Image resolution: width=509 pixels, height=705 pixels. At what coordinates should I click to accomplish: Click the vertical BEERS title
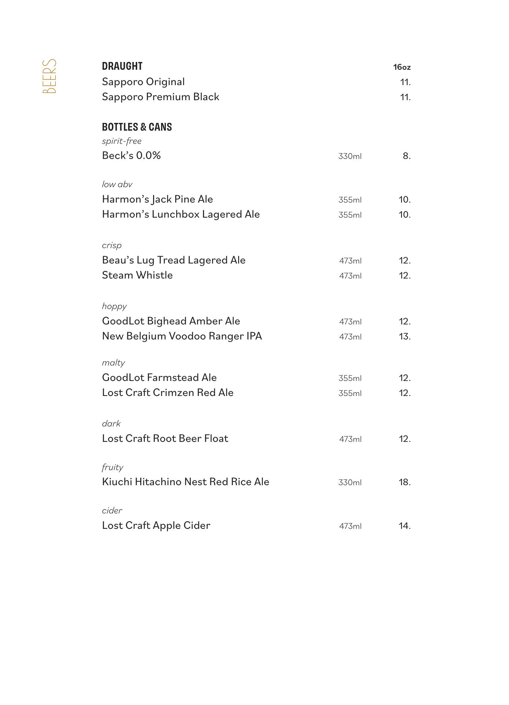point(50,76)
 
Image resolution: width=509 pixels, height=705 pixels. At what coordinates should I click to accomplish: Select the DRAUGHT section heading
point(122,66)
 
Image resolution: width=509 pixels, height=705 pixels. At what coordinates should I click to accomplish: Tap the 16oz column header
point(402,67)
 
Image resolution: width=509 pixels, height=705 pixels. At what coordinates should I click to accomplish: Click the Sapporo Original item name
point(143,82)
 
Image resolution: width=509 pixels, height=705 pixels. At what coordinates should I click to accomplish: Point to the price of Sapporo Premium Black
point(405,97)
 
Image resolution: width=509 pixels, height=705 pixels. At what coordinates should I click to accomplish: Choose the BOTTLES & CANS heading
point(137,127)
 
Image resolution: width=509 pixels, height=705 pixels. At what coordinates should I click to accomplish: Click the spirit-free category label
point(121,141)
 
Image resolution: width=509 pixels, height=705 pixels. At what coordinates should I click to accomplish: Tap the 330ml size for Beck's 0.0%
point(350,156)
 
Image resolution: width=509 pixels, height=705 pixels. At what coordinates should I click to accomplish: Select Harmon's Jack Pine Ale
point(157,199)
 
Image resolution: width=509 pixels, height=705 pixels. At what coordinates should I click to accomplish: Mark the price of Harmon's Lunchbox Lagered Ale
point(404,215)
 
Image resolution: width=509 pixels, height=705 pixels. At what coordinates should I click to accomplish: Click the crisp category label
point(112,246)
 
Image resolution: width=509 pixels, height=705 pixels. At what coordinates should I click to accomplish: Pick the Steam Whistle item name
point(137,275)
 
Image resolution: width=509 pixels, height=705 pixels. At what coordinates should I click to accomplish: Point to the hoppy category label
point(114,306)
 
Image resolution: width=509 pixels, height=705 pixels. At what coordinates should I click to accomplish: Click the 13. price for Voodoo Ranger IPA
point(404,337)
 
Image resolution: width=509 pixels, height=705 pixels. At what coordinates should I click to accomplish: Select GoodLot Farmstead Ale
point(159,378)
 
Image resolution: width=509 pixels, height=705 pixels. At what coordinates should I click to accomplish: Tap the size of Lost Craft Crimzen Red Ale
point(350,393)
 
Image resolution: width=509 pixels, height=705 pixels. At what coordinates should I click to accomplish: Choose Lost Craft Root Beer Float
point(165,439)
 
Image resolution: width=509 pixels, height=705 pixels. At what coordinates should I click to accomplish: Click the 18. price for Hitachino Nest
point(404,482)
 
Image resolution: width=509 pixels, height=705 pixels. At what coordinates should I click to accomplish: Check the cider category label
point(112,511)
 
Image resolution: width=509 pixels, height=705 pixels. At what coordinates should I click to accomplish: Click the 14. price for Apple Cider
point(404,526)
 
